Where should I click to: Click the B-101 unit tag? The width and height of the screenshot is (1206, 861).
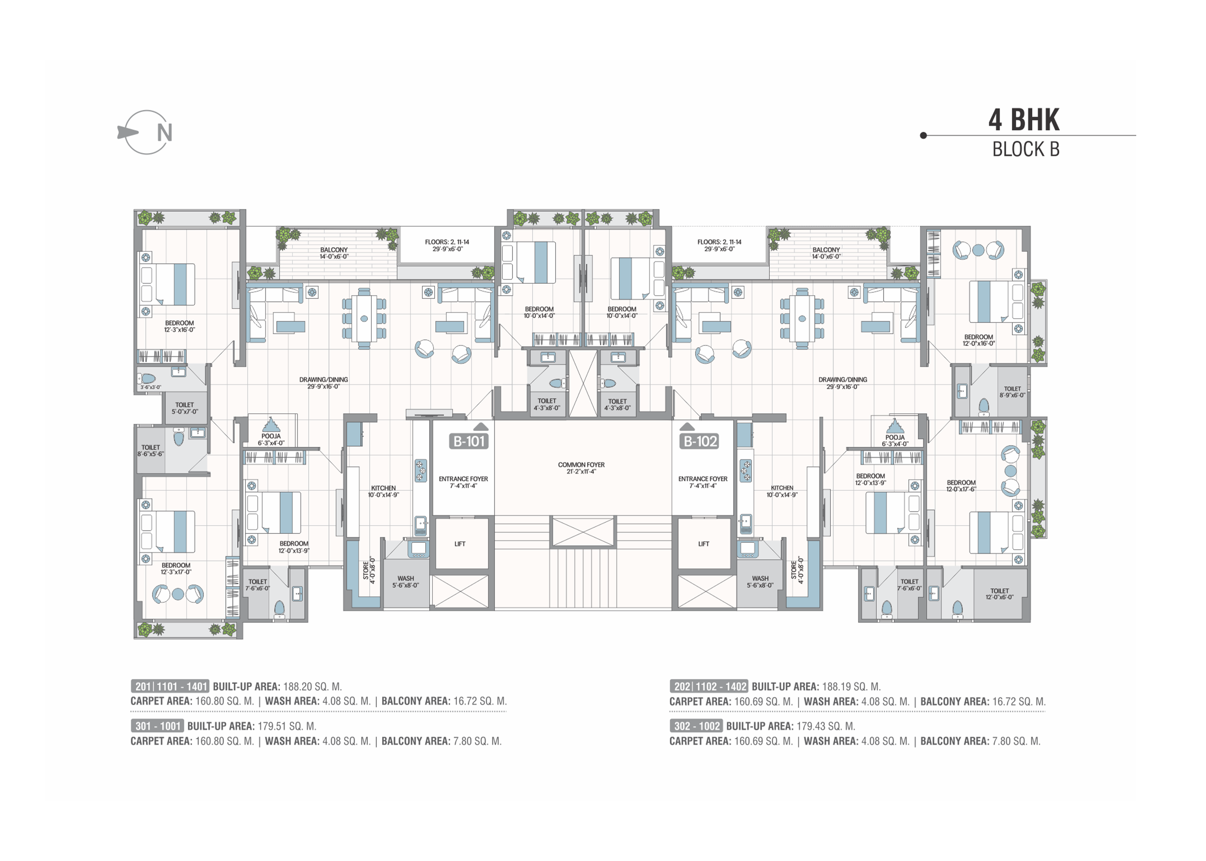pyautogui.click(x=469, y=441)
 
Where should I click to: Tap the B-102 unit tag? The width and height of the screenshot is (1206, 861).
pyautogui.click(x=699, y=441)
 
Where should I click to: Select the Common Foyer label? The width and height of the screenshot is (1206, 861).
pyautogui.click(x=581, y=468)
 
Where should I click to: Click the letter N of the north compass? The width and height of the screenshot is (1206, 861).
pyautogui.click(x=165, y=133)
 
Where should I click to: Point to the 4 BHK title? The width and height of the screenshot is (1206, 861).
pyautogui.click(x=1024, y=120)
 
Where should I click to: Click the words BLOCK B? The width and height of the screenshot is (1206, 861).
pyautogui.click(x=1026, y=149)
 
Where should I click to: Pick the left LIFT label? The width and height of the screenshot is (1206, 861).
pyautogui.click(x=460, y=544)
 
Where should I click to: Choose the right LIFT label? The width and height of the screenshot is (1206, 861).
pyautogui.click(x=704, y=544)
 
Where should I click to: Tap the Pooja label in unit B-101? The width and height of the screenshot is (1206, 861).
pyautogui.click(x=271, y=440)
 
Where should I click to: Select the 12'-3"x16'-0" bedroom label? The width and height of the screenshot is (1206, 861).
pyautogui.click(x=179, y=326)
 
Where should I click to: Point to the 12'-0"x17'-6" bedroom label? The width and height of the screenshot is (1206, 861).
pyautogui.click(x=961, y=486)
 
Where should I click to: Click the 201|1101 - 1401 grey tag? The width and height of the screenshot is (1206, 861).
pyautogui.click(x=170, y=687)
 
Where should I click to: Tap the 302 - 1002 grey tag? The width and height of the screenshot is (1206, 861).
pyautogui.click(x=696, y=726)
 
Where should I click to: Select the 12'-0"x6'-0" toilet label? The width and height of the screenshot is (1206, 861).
pyautogui.click(x=1000, y=594)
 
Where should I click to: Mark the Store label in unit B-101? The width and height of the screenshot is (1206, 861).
pyautogui.click(x=369, y=570)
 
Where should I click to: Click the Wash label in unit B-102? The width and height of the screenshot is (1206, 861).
pyautogui.click(x=760, y=582)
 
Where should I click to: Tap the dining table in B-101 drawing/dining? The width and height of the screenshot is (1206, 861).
pyautogui.click(x=364, y=318)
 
